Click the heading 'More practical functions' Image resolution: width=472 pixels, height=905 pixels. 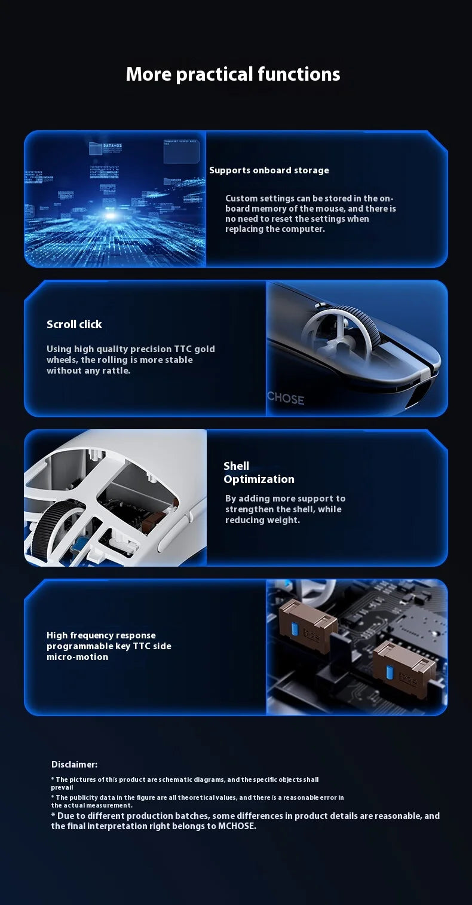233,74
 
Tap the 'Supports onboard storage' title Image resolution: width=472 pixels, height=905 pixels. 269,170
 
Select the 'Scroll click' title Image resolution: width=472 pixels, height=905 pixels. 74,324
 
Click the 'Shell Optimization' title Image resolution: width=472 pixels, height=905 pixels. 259,472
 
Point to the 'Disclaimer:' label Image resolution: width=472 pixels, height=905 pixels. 74,765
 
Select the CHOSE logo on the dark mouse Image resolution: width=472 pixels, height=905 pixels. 286,399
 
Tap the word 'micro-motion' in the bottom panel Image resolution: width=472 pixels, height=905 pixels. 78,657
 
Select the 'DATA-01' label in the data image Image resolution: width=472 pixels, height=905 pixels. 112,145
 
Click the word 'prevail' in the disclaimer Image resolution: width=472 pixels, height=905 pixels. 62,787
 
